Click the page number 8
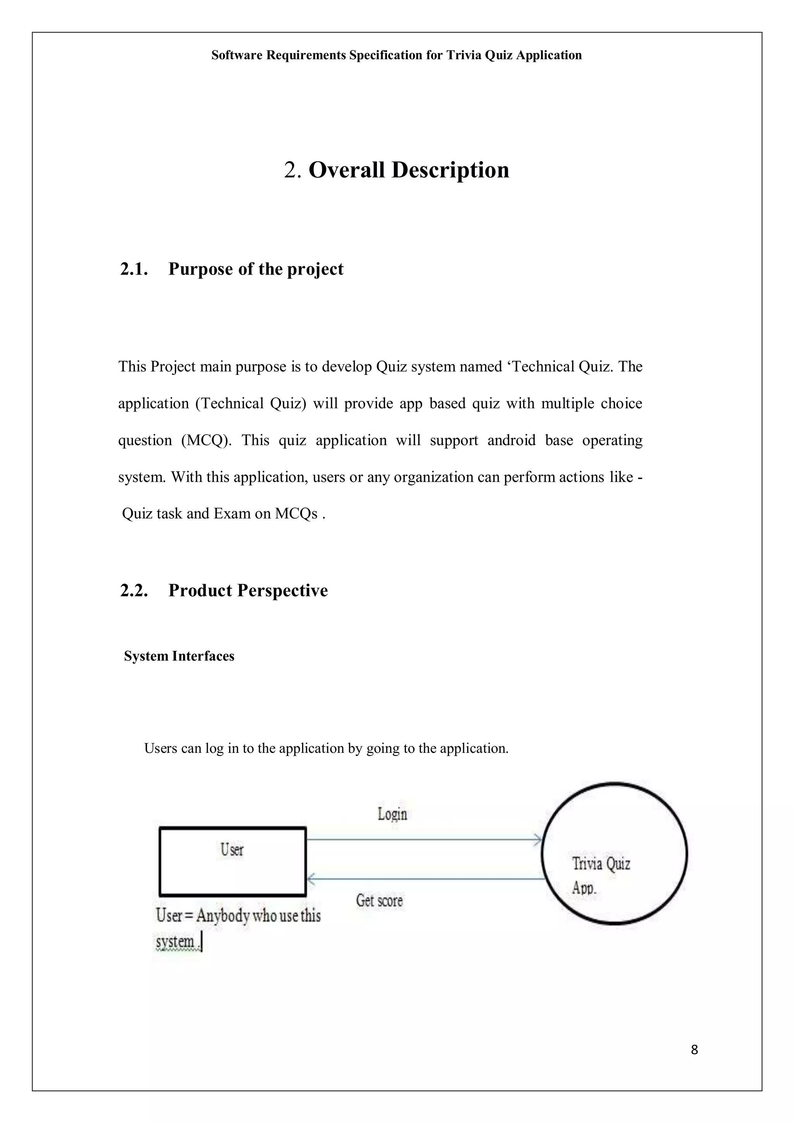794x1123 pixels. (x=694, y=1049)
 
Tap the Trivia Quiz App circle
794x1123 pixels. (x=614, y=854)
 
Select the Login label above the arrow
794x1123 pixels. (x=392, y=814)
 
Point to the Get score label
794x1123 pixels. (x=379, y=900)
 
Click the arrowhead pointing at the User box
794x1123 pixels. (x=310, y=879)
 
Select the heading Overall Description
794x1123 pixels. (x=409, y=170)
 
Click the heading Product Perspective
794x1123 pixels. (x=248, y=590)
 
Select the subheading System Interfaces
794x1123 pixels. (x=179, y=656)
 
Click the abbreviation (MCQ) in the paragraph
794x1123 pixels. (x=206, y=440)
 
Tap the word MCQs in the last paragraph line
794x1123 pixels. (x=296, y=514)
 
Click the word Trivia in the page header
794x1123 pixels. (x=464, y=55)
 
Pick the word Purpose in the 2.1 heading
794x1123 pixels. (x=200, y=269)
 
